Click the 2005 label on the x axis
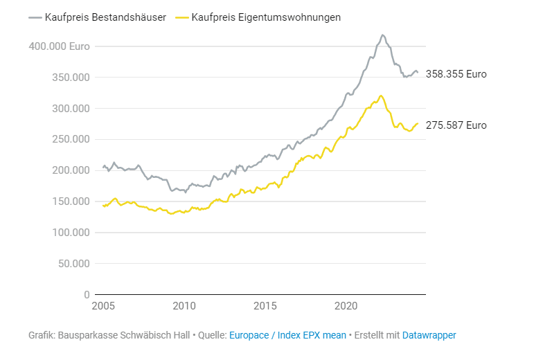click(103, 306)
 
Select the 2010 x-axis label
click(184, 306)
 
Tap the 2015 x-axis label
click(265, 306)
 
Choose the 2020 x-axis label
click(346, 306)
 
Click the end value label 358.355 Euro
click(456, 74)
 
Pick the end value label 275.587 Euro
click(456, 125)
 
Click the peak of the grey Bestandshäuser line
click(382, 35)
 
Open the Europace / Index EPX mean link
click(287, 335)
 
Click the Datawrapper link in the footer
click(429, 335)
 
